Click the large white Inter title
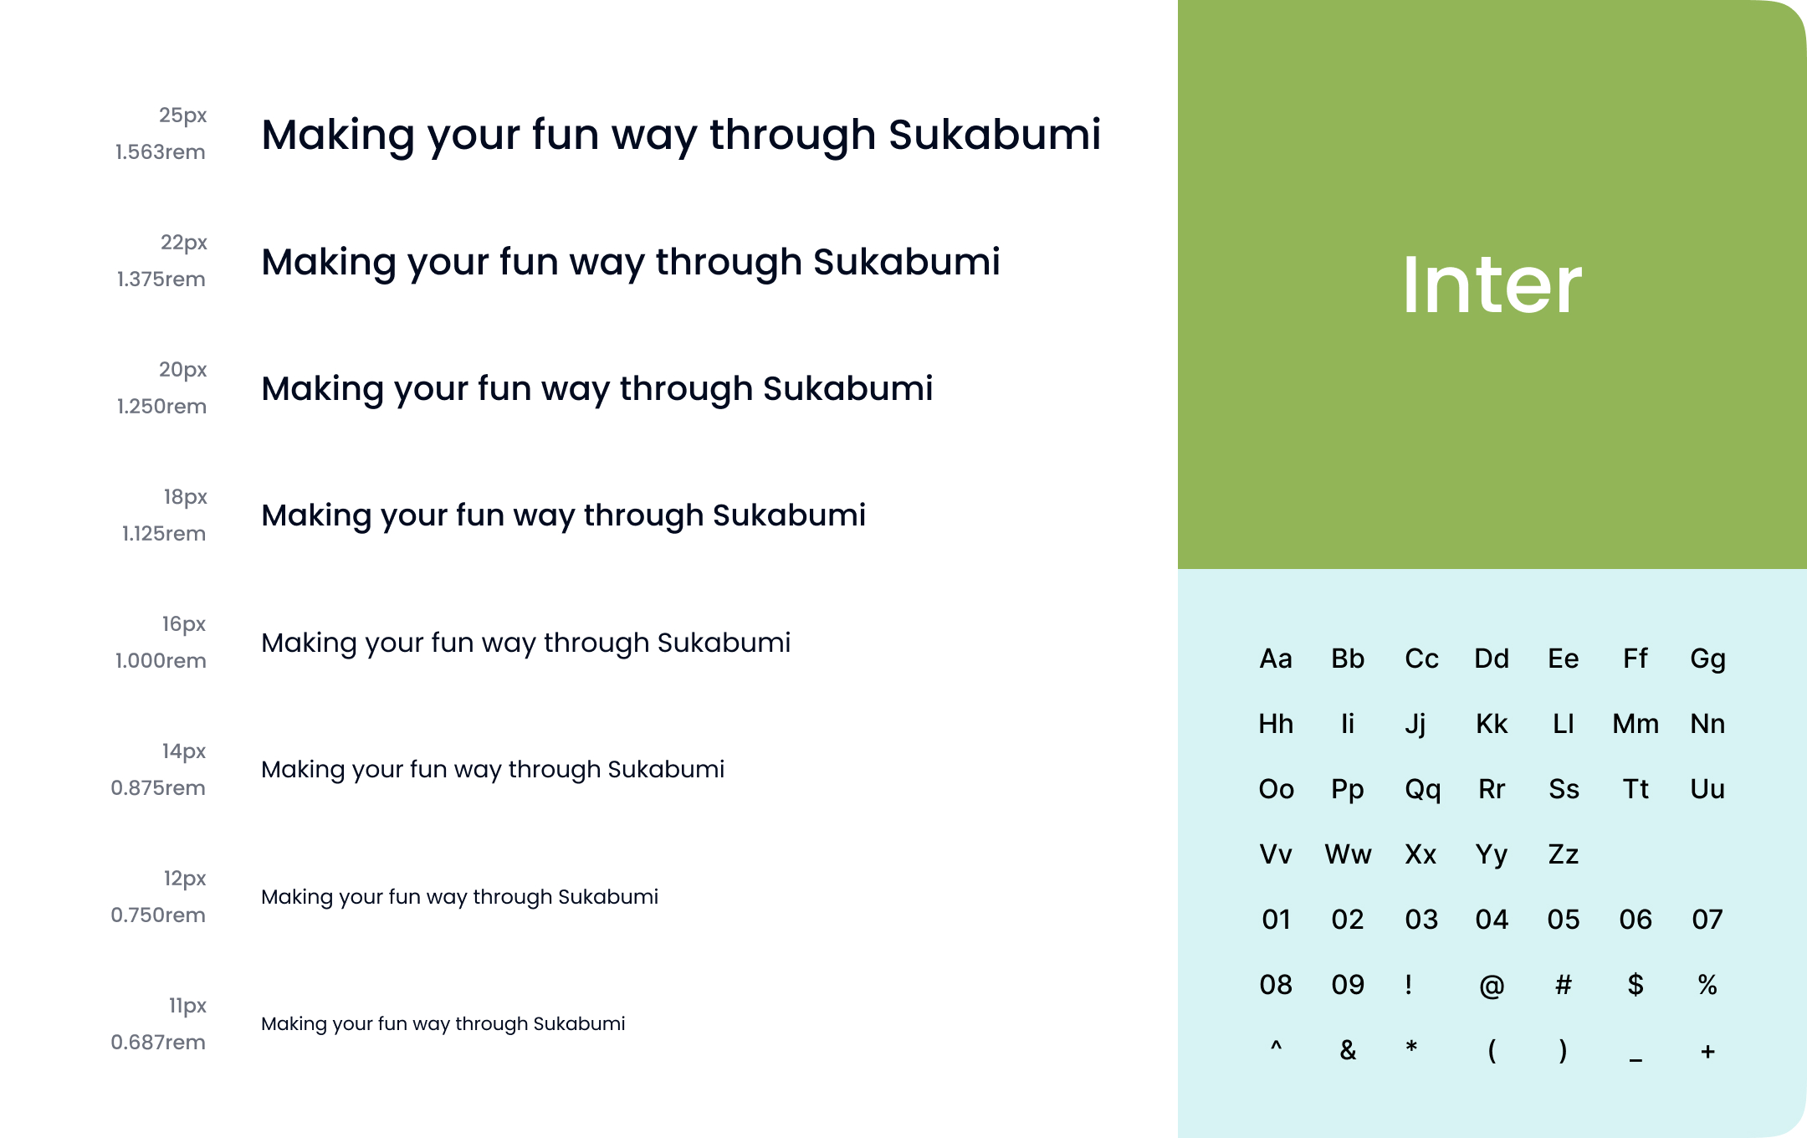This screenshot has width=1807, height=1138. (1492, 284)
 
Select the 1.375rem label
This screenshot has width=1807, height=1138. (161, 279)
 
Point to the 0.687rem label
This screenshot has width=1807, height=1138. (158, 1042)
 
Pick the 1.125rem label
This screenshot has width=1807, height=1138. (164, 533)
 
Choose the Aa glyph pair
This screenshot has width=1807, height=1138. (1276, 659)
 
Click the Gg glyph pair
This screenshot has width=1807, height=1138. (1707, 659)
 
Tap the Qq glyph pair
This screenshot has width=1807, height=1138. (1422, 790)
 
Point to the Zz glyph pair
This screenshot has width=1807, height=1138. (1563, 854)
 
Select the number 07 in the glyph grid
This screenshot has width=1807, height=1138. (1707, 920)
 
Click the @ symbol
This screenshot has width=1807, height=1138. (1492, 986)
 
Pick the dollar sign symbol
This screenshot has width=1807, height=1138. (1636, 985)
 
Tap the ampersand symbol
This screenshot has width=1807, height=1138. (1348, 1050)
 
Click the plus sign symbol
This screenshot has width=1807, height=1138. (1707, 1052)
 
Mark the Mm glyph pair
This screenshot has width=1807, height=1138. (1636, 724)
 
